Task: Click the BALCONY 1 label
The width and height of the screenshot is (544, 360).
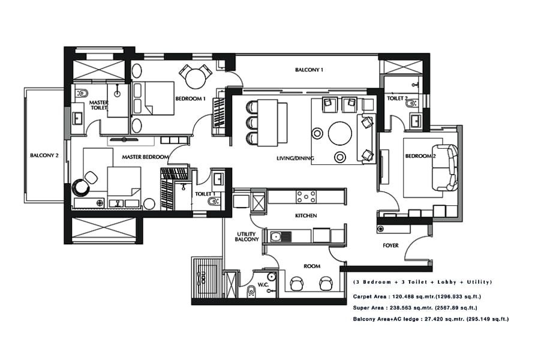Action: click(309, 70)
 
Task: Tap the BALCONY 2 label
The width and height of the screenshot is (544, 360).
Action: click(44, 155)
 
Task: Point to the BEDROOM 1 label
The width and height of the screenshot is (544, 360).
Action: click(191, 98)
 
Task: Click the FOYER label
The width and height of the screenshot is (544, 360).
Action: click(391, 245)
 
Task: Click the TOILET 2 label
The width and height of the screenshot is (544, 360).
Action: click(397, 98)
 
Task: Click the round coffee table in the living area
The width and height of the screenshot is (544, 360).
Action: click(340, 133)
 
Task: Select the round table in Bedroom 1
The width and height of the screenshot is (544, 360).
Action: click(195, 77)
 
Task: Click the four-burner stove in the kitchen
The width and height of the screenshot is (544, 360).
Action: click(306, 196)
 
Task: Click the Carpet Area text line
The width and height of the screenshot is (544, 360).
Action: click(417, 296)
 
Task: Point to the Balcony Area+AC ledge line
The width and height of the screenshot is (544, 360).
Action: click(431, 319)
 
